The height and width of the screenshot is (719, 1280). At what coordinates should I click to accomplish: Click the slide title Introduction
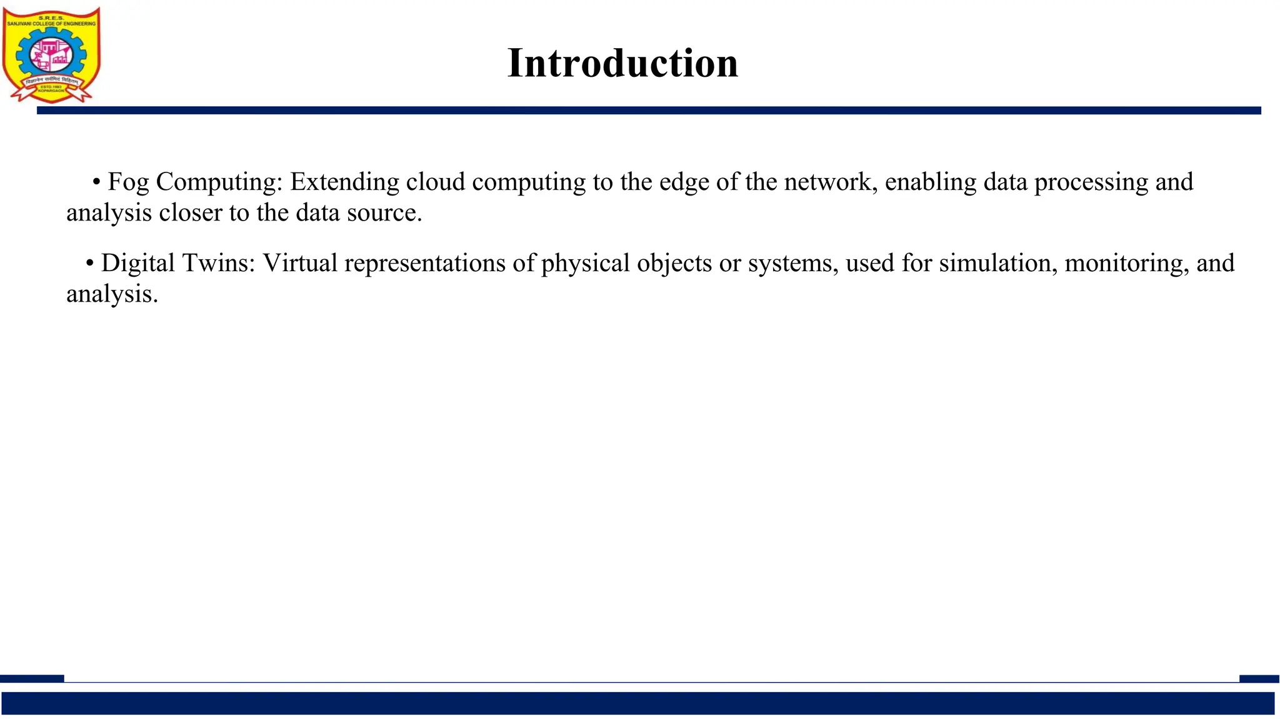pos(622,63)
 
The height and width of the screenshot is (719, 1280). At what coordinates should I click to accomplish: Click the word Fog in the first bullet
pos(128,182)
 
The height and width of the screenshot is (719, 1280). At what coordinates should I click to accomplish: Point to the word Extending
pos(344,182)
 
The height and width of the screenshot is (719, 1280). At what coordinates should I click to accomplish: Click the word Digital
pos(138,263)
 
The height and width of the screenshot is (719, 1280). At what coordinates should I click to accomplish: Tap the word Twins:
pos(219,263)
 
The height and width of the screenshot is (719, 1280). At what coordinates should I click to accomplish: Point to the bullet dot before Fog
pos(96,182)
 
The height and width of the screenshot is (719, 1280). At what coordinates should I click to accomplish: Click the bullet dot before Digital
pos(90,264)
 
